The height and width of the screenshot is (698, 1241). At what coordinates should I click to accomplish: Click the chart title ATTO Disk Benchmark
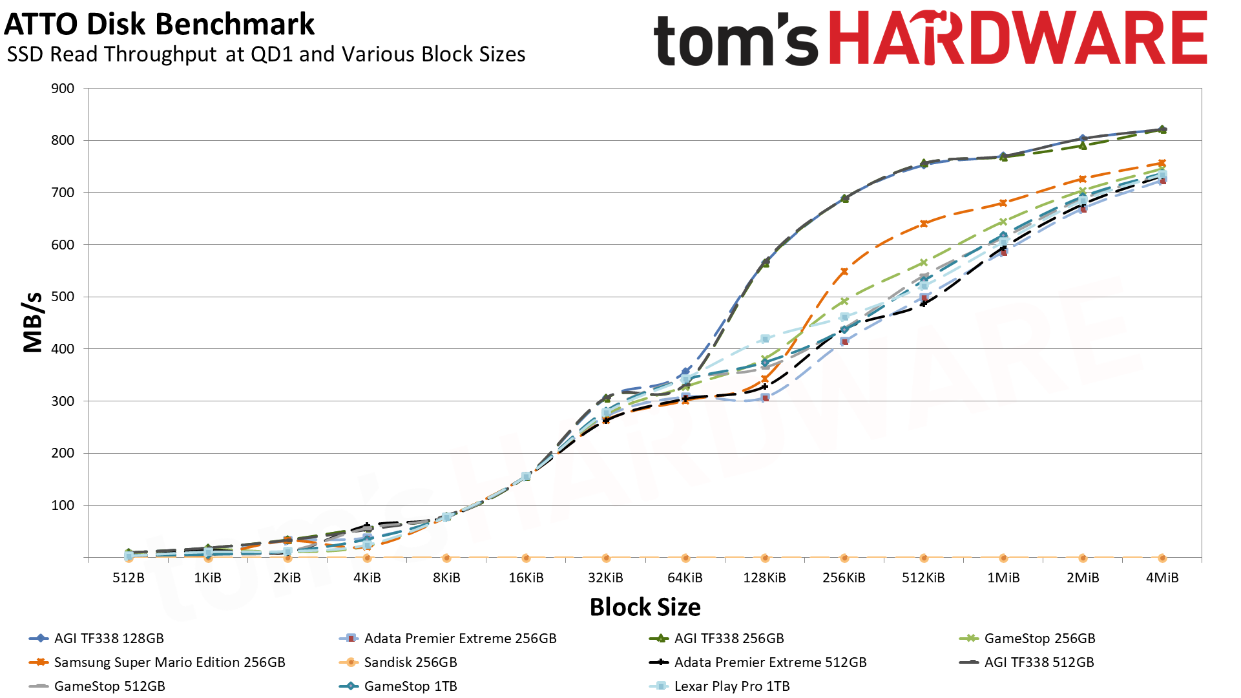coord(159,25)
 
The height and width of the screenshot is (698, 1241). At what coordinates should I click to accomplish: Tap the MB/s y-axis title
coord(32,322)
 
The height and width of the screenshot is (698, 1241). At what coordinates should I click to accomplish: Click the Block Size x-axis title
coord(645,607)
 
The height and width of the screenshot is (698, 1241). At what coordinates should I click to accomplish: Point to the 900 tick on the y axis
coord(63,89)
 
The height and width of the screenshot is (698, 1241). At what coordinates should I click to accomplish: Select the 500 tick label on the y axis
coord(63,297)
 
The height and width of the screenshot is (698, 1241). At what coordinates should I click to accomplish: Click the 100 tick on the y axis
coord(63,505)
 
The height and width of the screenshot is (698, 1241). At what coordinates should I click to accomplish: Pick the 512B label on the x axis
coord(129,578)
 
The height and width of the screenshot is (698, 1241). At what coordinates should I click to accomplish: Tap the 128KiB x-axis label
coord(764,578)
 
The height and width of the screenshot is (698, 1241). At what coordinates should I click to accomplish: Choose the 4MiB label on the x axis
coord(1162,578)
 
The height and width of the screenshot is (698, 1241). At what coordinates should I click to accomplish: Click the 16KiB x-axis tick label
coord(526,578)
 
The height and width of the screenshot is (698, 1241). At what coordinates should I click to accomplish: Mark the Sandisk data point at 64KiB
coord(685,558)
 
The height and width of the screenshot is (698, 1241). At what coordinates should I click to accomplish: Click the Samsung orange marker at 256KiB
coord(844,271)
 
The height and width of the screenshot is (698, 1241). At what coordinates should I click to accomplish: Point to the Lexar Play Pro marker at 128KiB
coord(765,339)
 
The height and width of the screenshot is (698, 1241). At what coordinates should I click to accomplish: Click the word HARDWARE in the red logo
coord(1017,39)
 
